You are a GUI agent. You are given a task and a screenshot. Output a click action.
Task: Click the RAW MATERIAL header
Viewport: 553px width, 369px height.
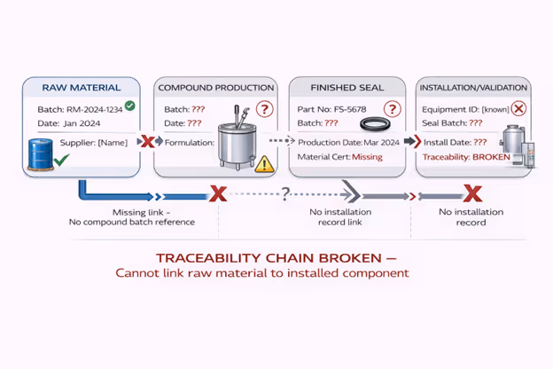tap(81, 87)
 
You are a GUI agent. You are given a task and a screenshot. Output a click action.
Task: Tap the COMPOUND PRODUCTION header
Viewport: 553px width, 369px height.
tap(215, 87)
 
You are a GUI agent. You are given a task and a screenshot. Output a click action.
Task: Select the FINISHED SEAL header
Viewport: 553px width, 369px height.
tap(347, 87)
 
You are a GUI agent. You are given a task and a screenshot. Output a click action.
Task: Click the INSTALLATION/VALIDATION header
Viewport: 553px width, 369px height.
tap(472, 87)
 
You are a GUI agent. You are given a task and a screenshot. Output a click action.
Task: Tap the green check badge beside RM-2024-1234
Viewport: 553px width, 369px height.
tap(130, 106)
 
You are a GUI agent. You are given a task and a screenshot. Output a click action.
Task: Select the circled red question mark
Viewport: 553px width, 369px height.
tap(264, 110)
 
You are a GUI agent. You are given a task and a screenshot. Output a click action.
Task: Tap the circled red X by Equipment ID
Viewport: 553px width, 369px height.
tap(519, 108)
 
